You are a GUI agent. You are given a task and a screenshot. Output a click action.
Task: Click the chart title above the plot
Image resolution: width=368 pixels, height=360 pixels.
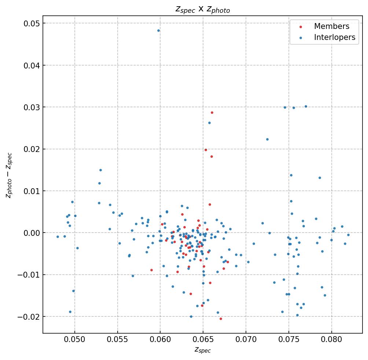pyautogui.click(x=202, y=10)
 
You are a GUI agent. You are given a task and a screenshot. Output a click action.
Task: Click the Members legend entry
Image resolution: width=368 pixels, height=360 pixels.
pyautogui.click(x=331, y=26)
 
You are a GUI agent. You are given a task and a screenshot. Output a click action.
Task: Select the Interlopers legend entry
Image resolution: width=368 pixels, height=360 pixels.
pyautogui.click(x=334, y=37)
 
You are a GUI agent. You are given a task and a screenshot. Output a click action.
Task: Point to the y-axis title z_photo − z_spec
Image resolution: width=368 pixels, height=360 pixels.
pyautogui.click(x=9, y=175)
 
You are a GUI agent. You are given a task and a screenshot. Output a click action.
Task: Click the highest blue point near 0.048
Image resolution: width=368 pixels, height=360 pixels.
pyautogui.click(x=158, y=30)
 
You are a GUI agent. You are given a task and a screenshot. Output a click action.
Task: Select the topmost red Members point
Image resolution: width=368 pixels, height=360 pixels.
pyautogui.click(x=212, y=112)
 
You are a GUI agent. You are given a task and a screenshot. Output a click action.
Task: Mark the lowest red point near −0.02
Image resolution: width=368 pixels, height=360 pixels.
pyautogui.click(x=221, y=319)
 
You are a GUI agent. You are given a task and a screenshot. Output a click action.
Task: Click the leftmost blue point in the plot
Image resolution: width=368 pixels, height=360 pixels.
pyautogui.click(x=58, y=237)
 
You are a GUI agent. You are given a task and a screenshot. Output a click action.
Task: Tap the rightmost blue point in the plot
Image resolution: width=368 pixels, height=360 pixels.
pyautogui.click(x=348, y=235)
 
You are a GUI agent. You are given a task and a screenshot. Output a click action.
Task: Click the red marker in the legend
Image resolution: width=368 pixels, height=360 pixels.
pyautogui.click(x=301, y=27)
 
